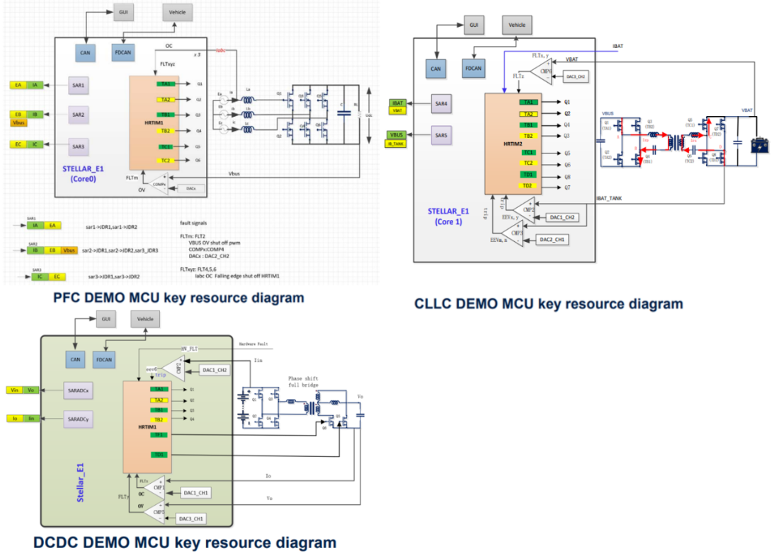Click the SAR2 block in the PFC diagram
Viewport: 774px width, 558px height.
tap(78, 113)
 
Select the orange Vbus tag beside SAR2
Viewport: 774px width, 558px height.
tap(19, 122)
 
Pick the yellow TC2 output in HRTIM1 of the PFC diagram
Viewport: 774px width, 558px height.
tap(166, 161)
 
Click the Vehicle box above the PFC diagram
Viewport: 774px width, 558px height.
tap(177, 12)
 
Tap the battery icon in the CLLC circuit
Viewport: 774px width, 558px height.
tap(761, 145)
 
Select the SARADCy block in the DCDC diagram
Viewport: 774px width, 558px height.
tap(77, 419)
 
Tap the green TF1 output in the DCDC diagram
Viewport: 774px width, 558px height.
tap(160, 434)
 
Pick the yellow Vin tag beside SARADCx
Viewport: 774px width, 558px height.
tap(16, 390)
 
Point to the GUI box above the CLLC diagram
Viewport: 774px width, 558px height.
tap(474, 25)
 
